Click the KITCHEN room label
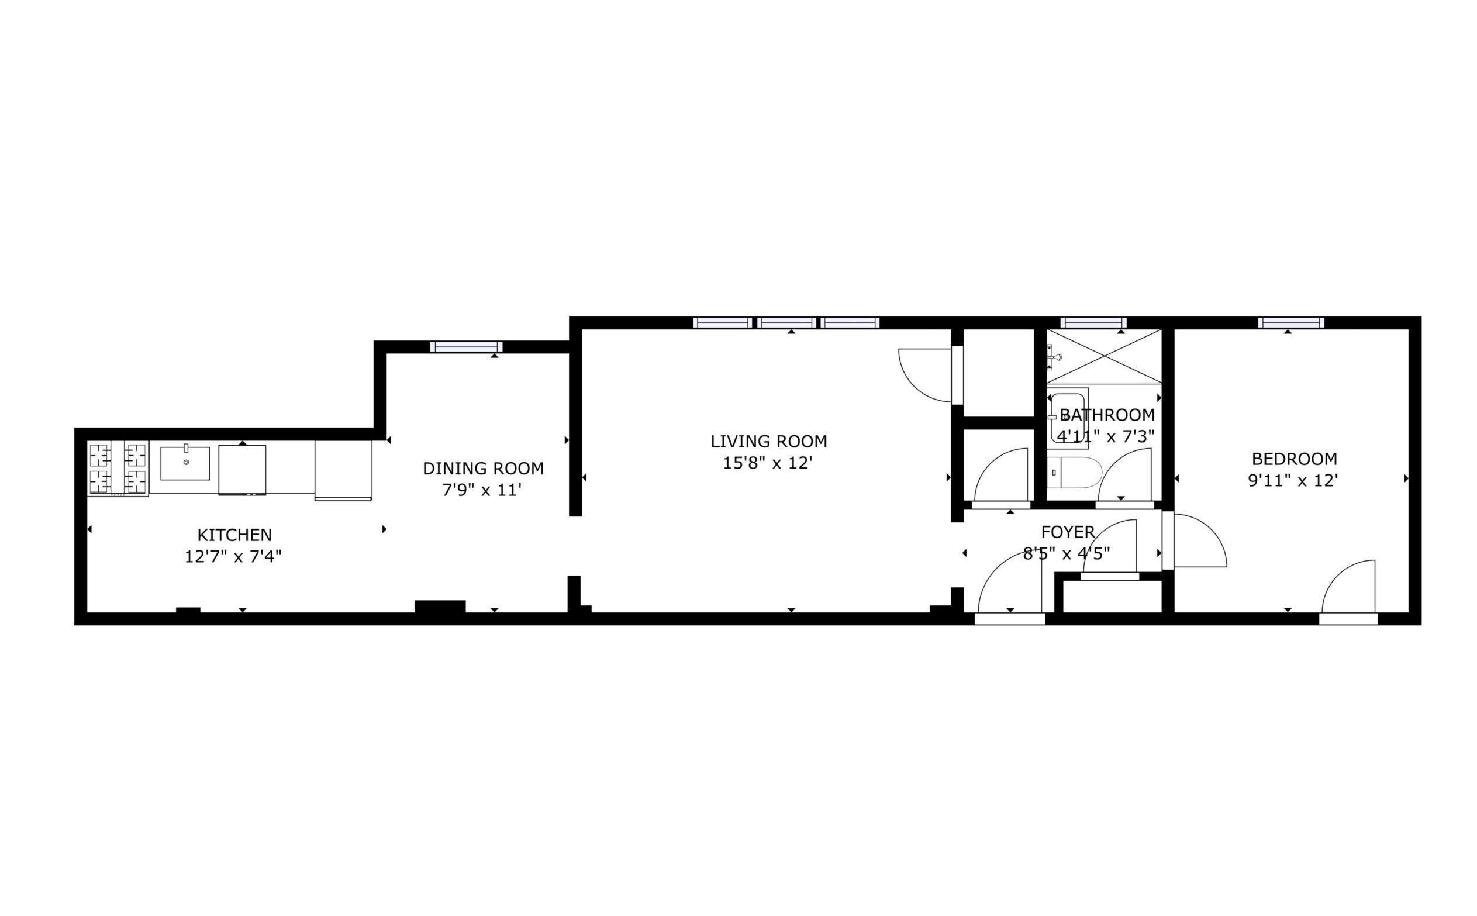point(234,535)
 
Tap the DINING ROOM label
point(482,469)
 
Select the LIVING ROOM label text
point(768,442)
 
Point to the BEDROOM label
point(1294,459)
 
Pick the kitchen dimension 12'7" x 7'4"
point(233,556)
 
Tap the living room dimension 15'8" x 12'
point(767,463)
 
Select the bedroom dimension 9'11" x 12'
point(1293,480)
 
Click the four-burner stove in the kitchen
point(118,469)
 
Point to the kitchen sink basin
point(185,463)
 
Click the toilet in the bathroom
point(1074,473)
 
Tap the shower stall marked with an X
point(1104,356)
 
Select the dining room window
point(466,347)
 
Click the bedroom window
point(1290,323)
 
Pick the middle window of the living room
point(786,323)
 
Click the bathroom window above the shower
point(1093,323)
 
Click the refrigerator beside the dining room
point(343,470)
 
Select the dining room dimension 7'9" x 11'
point(481,490)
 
